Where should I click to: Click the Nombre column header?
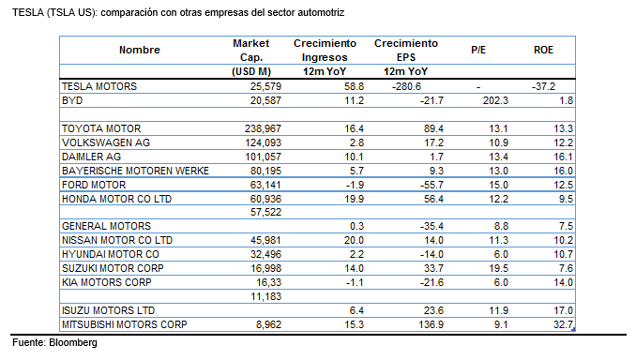pyautogui.click(x=140, y=50)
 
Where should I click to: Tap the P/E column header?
pyautogui.click(x=478, y=50)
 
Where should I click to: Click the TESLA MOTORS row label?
pyautogui.click(x=98, y=86)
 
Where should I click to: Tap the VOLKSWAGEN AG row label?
pyautogui.click(x=105, y=142)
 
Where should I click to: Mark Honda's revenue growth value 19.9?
pyautogui.click(x=345, y=199)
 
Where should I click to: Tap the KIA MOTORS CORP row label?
pyautogui.click(x=106, y=281)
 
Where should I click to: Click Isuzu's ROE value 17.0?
pyautogui.click(x=562, y=309)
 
